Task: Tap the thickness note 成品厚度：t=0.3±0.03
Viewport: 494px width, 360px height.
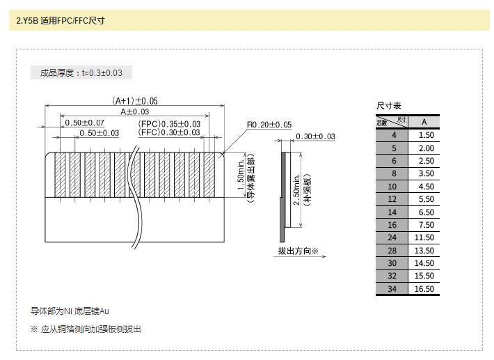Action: coord(81,72)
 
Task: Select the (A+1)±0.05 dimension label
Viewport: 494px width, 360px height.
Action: coord(135,100)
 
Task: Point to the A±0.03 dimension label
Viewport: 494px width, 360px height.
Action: coord(135,111)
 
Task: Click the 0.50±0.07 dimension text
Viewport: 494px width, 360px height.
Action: coord(84,123)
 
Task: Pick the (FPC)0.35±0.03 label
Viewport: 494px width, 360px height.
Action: coord(169,123)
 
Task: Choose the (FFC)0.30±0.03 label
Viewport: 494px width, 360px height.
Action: coord(169,132)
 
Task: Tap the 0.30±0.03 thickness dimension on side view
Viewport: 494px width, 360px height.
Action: coord(315,136)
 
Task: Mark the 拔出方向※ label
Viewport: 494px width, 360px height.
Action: coord(298,251)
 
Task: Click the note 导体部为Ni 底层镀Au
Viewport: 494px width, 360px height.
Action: coord(70,311)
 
